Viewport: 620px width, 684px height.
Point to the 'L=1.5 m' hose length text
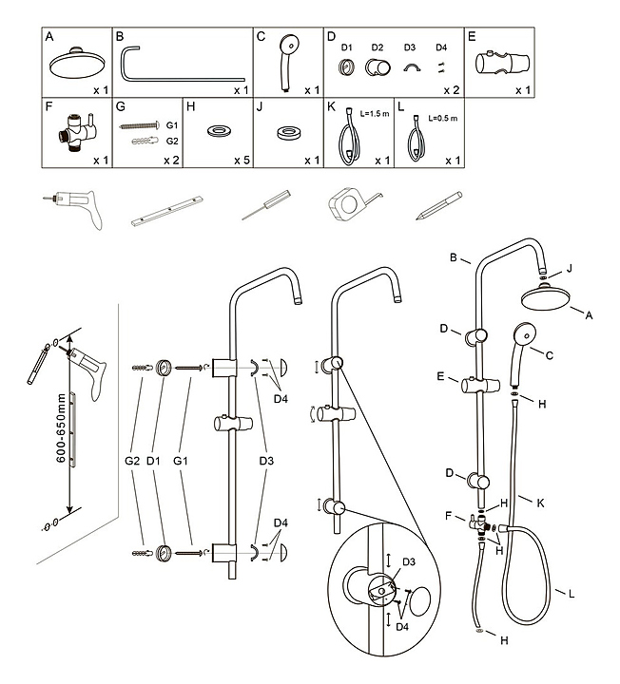[373, 113]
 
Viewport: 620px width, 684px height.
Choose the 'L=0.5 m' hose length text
[442, 118]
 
